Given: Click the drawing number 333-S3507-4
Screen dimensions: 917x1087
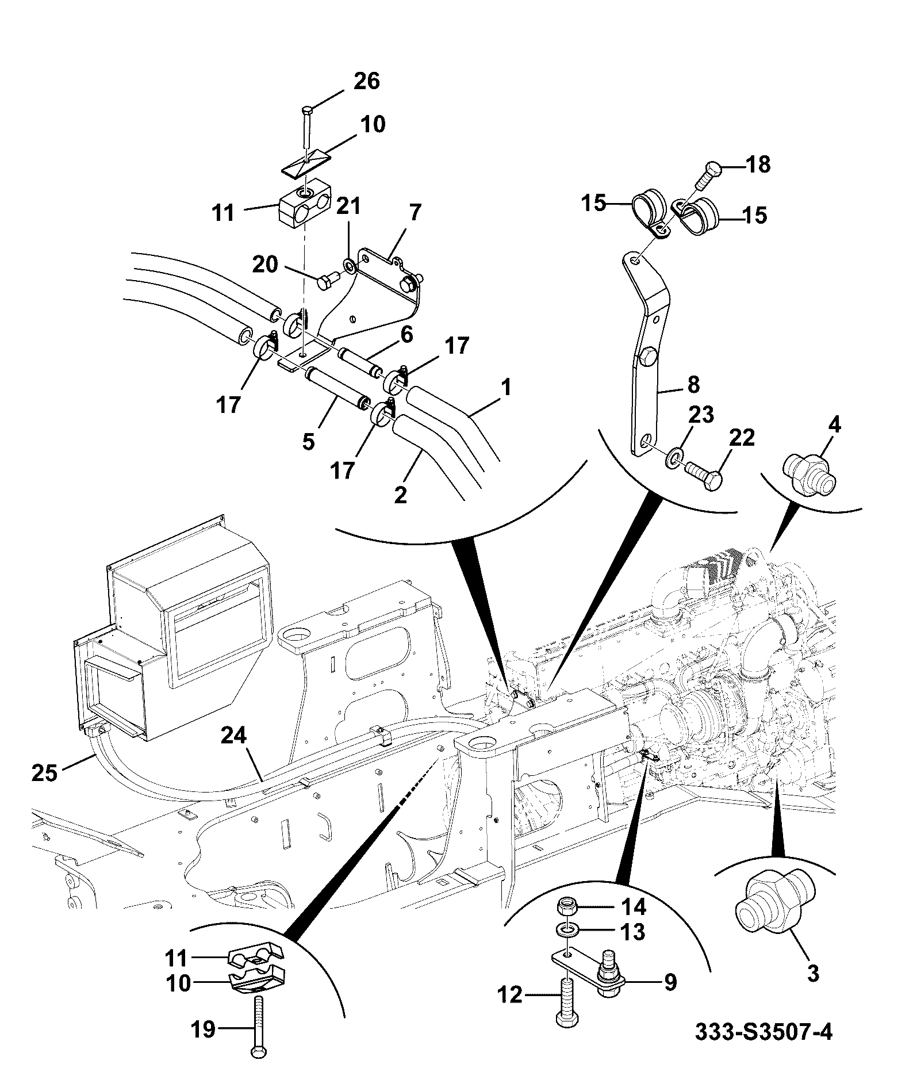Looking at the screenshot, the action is click(x=763, y=1033).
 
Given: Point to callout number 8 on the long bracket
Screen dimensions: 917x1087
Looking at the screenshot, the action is click(x=693, y=385).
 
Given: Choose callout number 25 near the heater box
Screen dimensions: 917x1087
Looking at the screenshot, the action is click(x=45, y=772).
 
